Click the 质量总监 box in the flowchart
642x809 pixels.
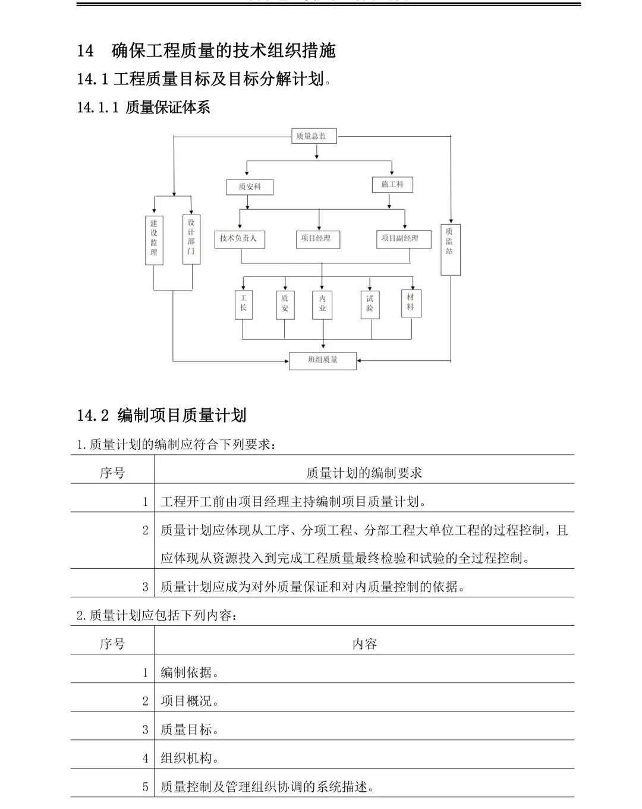click(x=313, y=136)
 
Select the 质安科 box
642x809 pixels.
click(x=251, y=187)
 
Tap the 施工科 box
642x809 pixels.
click(x=392, y=184)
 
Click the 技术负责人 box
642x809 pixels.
click(x=239, y=238)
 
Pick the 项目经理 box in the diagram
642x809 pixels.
click(x=317, y=238)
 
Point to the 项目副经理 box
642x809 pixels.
click(x=403, y=238)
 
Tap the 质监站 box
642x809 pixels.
click(x=450, y=248)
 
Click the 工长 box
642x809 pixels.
click(x=244, y=304)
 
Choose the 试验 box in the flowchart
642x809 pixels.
click(x=370, y=304)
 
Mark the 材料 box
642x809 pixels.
click(x=411, y=303)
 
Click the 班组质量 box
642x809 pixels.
click(x=323, y=360)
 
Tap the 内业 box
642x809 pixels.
click(x=322, y=304)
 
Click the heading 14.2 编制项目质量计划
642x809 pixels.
click(x=162, y=415)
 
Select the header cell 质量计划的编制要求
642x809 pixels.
click(x=364, y=473)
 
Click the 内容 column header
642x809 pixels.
click(x=364, y=644)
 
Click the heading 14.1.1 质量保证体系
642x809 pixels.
click(x=143, y=108)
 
